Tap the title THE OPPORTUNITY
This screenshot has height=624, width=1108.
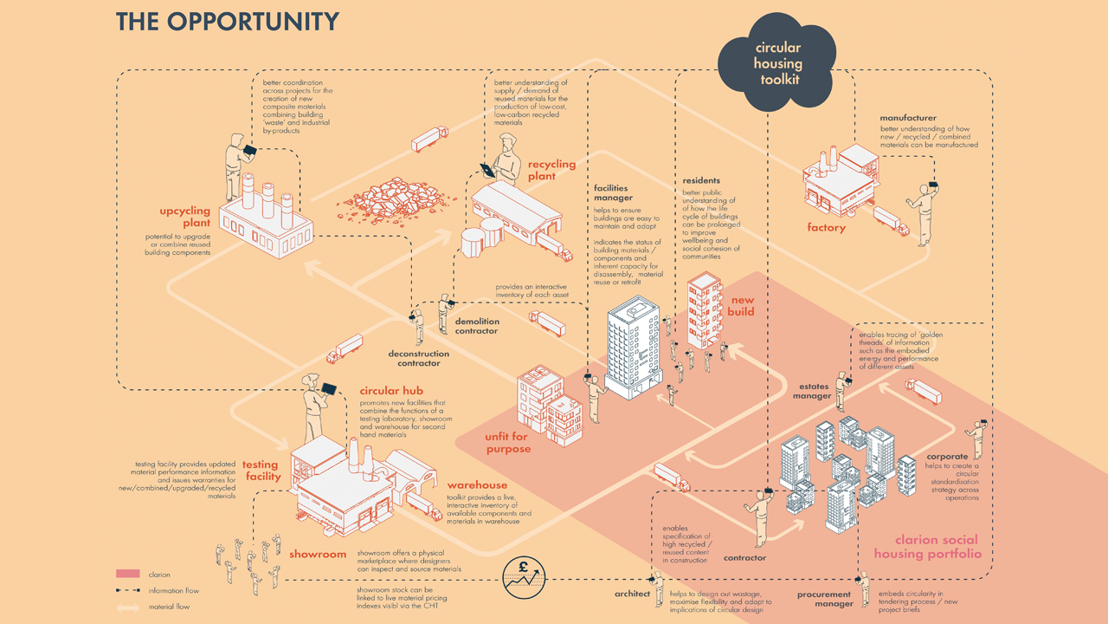point(228,22)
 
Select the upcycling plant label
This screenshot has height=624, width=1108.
point(184,217)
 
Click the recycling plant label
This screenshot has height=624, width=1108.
point(551,170)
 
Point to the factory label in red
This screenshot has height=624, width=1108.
point(826,228)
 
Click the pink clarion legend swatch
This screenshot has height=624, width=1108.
point(127,575)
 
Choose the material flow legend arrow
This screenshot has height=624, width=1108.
point(127,608)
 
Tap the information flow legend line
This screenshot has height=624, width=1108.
point(127,591)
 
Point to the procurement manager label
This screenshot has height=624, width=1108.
point(825,599)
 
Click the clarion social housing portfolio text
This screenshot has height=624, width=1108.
point(927,546)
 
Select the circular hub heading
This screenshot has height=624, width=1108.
point(391,391)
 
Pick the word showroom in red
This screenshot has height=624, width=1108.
point(318,554)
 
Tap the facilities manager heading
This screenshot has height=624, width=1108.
point(611,192)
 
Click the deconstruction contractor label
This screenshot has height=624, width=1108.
point(419,358)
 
